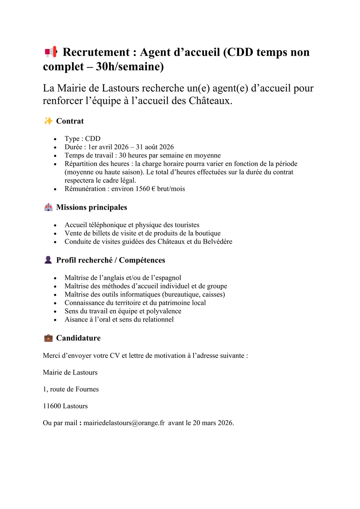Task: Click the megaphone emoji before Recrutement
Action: pos(51,52)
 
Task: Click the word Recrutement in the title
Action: pos(96,52)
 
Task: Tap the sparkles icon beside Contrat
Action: pos(48,121)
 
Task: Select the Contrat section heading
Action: pos(70,121)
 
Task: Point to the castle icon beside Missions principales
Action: pos(48,207)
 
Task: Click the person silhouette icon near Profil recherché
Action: pos(48,260)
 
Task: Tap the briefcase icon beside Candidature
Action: pos(48,338)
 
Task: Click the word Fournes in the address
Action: pos(88,389)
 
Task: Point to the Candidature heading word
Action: pos(78,338)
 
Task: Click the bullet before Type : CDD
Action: pos(55,139)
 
